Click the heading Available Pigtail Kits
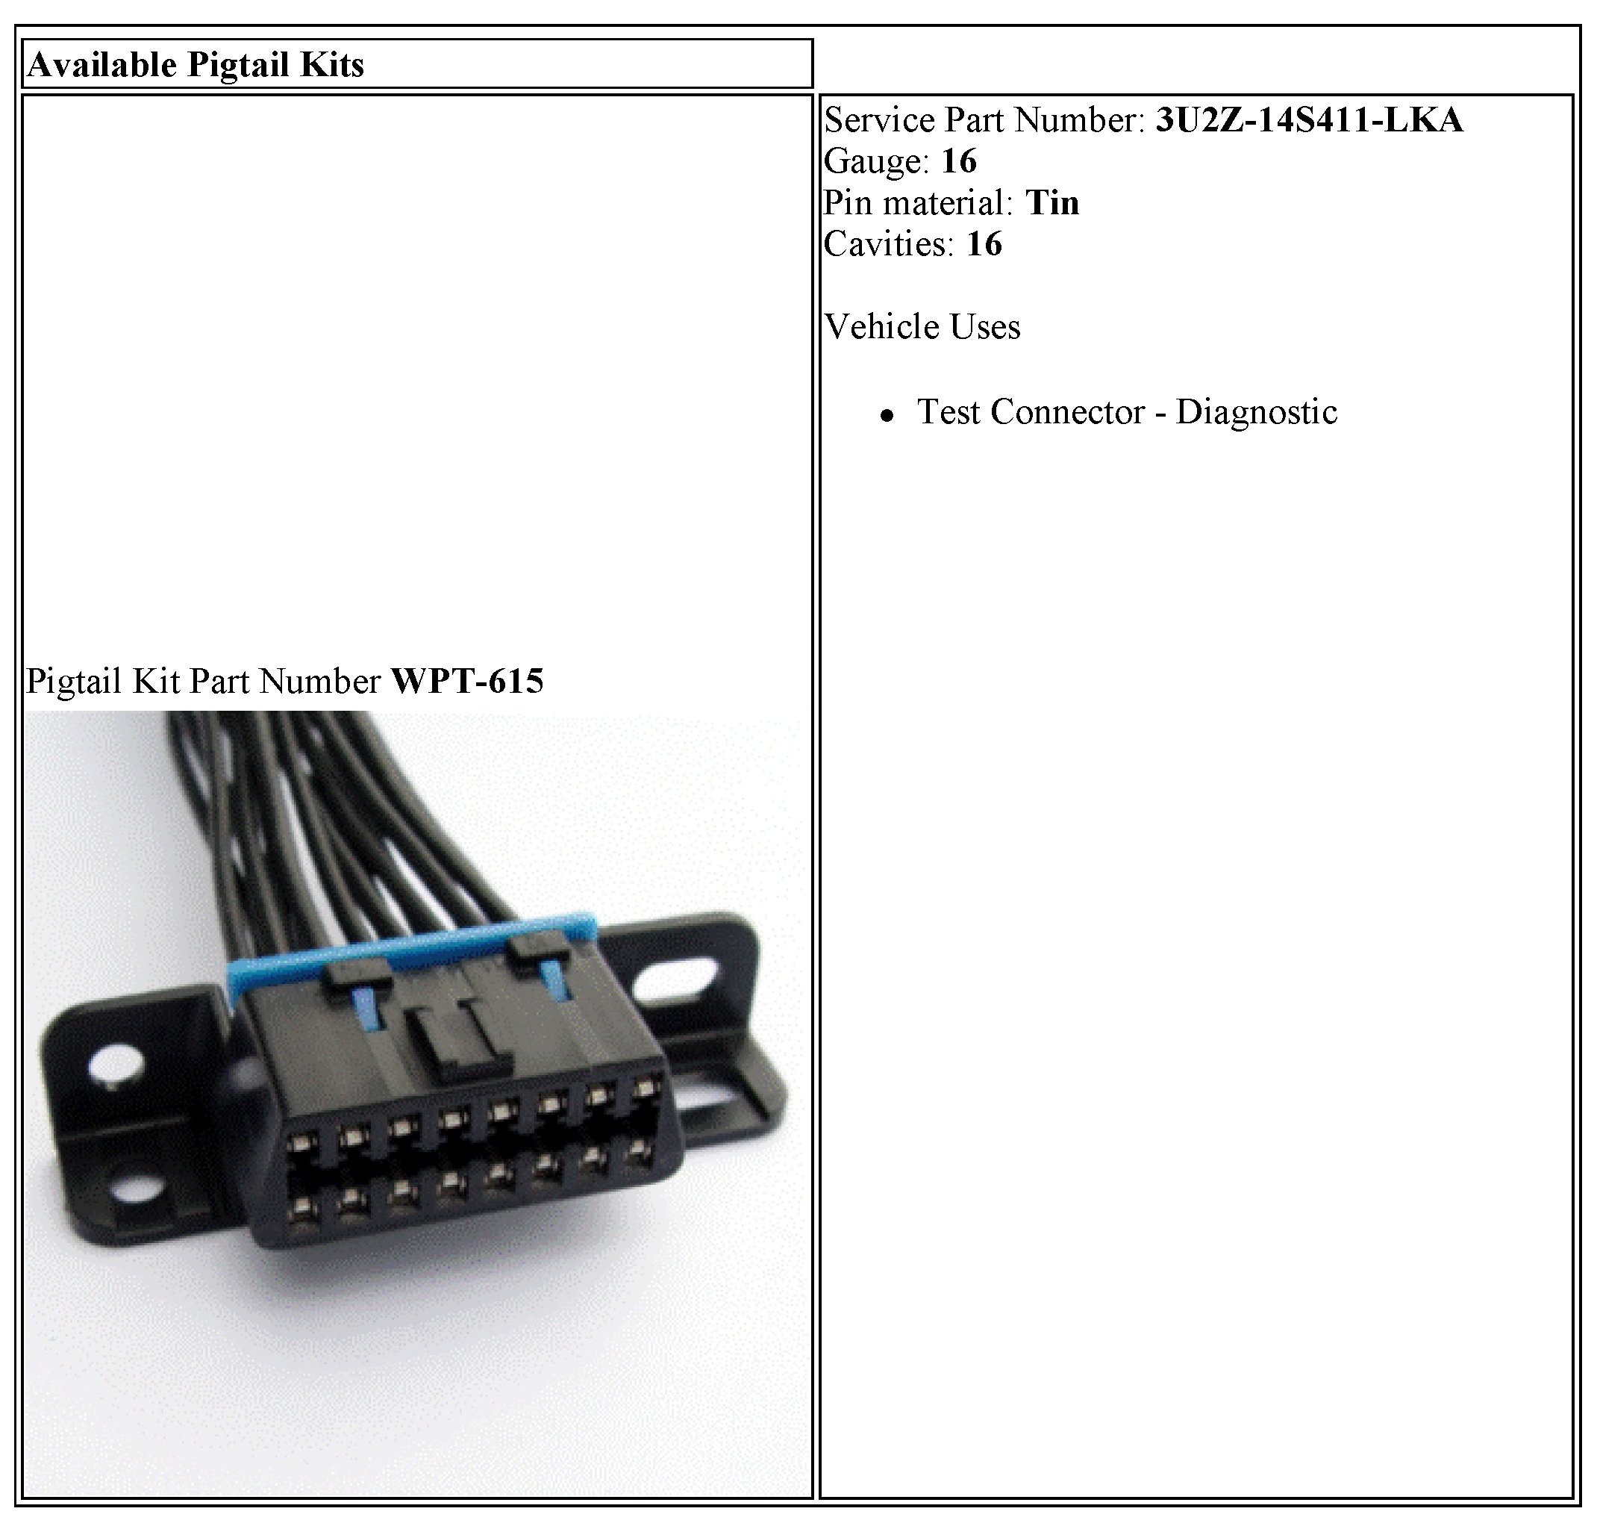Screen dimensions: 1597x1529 tap(196, 65)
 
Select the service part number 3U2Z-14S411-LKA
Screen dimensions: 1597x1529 tap(1308, 119)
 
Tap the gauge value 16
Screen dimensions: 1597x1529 tap(959, 161)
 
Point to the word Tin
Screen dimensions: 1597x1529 tap(1053, 203)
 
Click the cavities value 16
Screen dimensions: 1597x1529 tap(984, 243)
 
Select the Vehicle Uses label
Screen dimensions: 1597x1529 tap(922, 327)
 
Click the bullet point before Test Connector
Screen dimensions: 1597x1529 tap(887, 416)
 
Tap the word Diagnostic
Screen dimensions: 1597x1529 tap(1256, 412)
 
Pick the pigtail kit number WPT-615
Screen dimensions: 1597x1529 tap(467, 682)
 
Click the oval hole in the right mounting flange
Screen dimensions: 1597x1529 tap(678, 976)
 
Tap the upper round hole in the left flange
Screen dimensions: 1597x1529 tap(114, 1065)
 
